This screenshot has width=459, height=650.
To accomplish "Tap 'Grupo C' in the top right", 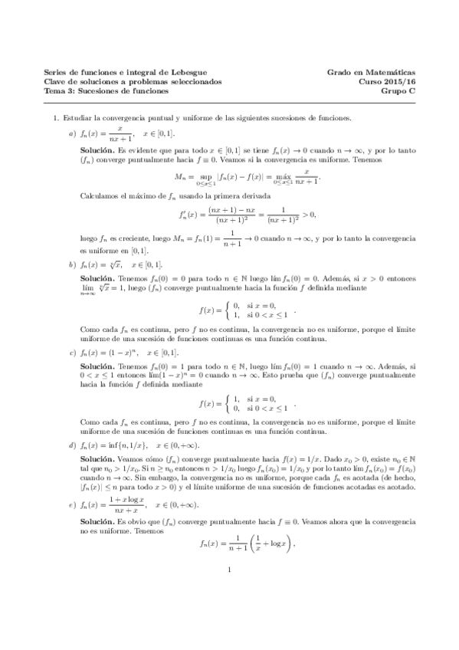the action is tap(398, 90).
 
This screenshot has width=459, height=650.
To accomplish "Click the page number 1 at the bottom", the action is tap(230, 612).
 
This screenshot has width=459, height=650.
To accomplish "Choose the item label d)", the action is tap(72, 445).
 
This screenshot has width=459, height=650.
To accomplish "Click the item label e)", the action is tap(72, 505).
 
